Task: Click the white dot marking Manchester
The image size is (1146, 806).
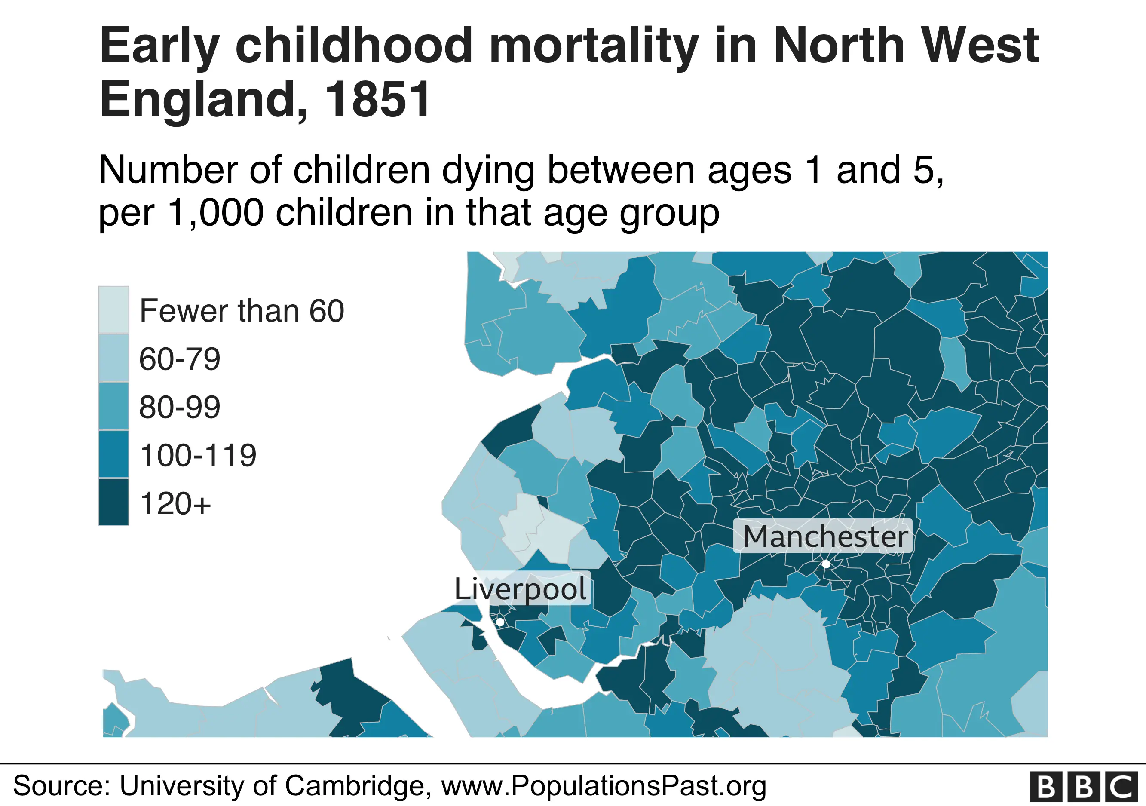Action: tap(826, 564)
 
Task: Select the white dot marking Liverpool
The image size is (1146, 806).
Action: tap(499, 622)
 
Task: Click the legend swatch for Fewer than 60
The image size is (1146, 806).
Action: tap(114, 310)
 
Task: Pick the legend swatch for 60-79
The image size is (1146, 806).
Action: tap(114, 358)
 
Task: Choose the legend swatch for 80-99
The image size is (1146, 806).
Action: tap(114, 406)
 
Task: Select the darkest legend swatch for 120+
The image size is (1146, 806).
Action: tap(114, 502)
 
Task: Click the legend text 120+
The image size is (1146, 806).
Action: tap(175, 503)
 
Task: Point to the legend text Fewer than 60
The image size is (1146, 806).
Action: tap(242, 311)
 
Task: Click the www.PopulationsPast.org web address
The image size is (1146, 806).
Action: tap(604, 785)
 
